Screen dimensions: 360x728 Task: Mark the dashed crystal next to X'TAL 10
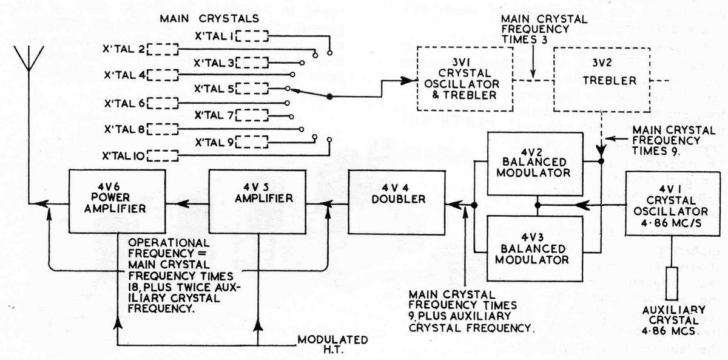pos(162,155)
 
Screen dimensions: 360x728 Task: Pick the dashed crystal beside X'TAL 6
pos(162,102)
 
